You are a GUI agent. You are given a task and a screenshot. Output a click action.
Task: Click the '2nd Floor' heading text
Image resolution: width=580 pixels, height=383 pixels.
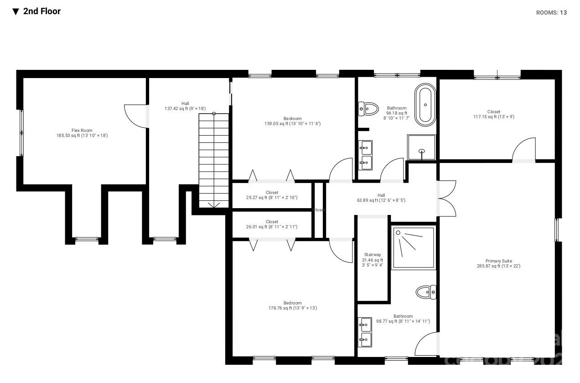pos(41,11)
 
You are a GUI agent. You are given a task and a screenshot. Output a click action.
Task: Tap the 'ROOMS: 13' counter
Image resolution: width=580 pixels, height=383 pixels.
pos(551,13)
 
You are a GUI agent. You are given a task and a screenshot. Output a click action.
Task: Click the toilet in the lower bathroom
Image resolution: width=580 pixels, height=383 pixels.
pos(426,292)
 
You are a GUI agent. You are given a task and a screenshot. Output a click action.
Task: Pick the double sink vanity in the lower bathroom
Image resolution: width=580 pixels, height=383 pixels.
pos(365,332)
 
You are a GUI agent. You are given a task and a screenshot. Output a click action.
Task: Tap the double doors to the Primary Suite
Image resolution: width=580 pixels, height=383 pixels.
pos(447,199)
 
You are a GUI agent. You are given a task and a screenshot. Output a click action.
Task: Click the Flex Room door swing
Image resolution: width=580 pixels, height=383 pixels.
pos(135,115)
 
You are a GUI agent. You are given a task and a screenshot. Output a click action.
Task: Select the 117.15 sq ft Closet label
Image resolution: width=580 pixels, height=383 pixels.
pos(493,114)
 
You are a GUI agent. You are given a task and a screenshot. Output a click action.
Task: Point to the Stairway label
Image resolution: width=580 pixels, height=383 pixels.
pos(373,260)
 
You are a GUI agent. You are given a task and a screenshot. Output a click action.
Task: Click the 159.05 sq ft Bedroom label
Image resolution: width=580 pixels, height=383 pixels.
pos(292,121)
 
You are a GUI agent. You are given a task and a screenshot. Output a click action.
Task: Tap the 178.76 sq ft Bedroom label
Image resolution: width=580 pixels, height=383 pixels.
pos(292,305)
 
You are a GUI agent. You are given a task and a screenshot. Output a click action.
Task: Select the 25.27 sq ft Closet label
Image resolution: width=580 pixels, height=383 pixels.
pos(272,195)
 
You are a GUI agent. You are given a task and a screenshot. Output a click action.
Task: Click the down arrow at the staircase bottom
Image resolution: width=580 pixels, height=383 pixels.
pos(214,205)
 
